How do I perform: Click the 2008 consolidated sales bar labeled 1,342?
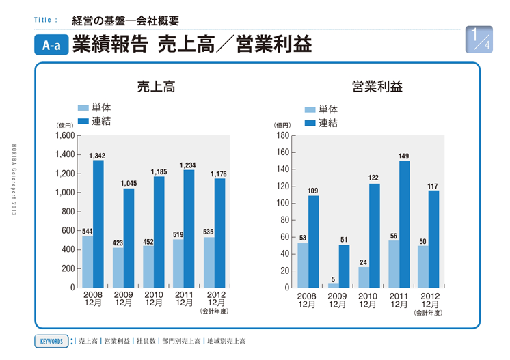[x=98, y=224]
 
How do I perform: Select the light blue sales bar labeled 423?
[x=118, y=267]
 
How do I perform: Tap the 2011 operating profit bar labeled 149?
[x=404, y=224]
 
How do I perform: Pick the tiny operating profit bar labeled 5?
[x=333, y=286]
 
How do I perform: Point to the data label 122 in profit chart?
[x=374, y=178]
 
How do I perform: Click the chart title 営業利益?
[x=377, y=87]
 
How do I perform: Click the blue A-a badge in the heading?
[x=51, y=46]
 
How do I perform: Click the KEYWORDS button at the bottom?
[x=52, y=340]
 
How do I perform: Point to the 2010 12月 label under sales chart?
[x=154, y=299]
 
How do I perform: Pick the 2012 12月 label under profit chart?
[x=429, y=299]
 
